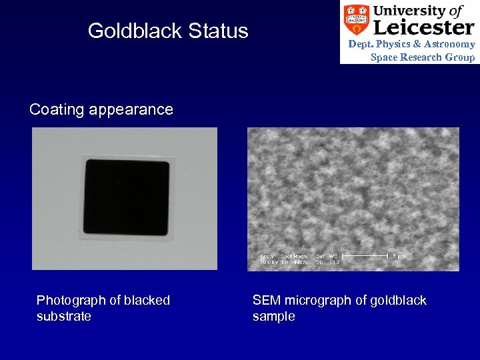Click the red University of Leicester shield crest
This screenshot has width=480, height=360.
pos(357,20)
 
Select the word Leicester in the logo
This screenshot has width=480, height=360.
pos(423,27)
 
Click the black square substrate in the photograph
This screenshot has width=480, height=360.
pos(125,197)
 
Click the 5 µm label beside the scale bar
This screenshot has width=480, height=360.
pos(397,256)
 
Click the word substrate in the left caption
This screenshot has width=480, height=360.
pos(64,316)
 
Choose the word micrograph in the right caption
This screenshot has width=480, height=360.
pos(313,301)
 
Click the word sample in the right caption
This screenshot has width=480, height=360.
pos(273,316)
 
